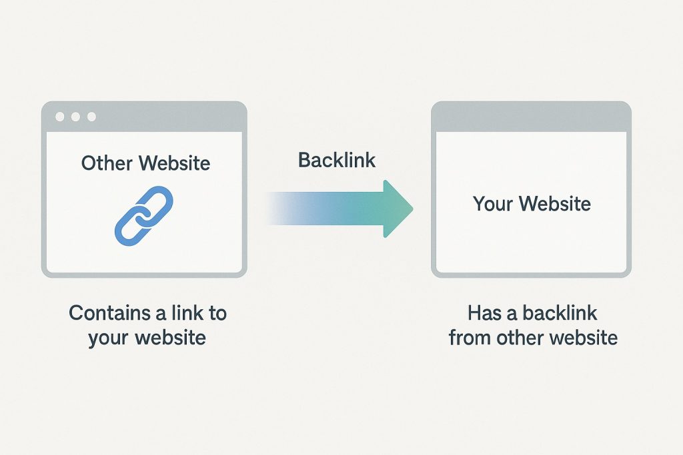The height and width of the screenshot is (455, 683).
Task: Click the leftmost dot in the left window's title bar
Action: point(60,117)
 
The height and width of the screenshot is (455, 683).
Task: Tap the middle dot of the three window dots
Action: point(75,117)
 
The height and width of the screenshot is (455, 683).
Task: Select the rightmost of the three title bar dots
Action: point(91,117)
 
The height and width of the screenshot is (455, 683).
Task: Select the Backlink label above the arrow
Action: point(337,160)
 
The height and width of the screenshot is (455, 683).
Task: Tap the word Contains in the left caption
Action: point(109,312)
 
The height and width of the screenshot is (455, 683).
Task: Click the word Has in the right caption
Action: point(484,312)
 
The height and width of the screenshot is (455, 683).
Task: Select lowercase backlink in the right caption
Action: point(560,312)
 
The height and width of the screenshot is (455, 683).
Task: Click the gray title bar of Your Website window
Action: point(531,117)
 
